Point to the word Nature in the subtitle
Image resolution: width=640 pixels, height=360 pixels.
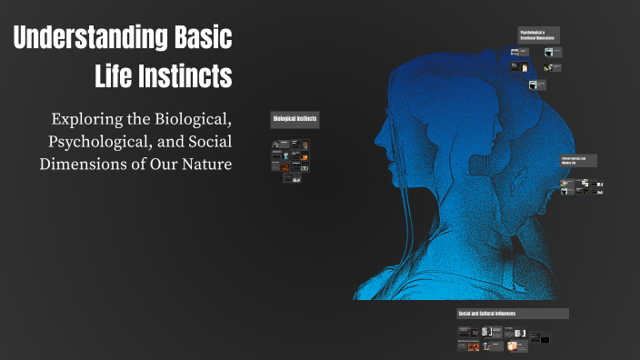pyautogui.click(x=203, y=164)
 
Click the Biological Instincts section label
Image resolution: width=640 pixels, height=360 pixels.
pyautogui.click(x=295, y=119)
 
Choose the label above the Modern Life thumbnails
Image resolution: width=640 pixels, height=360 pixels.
pyautogui.click(x=579, y=160)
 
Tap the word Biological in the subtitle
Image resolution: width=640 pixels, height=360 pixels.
pyautogui.click(x=191, y=119)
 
